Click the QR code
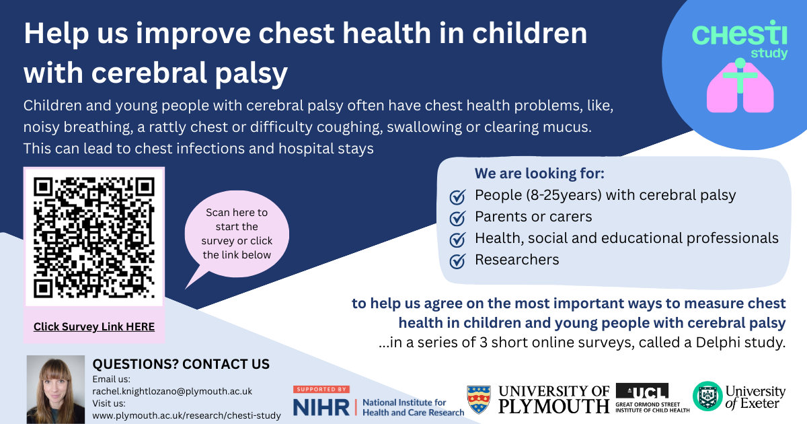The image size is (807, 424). (x=94, y=238)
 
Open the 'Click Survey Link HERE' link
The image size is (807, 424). (x=94, y=326)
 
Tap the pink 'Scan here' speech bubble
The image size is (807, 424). (x=237, y=234)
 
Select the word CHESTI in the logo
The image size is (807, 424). (x=739, y=34)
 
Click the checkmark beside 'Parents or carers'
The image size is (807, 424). (x=457, y=218)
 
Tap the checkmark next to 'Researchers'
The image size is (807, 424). (x=457, y=261)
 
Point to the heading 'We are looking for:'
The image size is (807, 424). (x=539, y=174)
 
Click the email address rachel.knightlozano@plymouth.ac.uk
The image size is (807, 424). (x=172, y=391)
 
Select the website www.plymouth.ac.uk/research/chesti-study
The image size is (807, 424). (x=187, y=415)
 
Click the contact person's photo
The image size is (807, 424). (x=55, y=390)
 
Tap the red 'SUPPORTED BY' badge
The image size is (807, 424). (x=321, y=390)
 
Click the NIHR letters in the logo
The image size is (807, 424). (x=321, y=407)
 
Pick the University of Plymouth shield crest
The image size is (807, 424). (x=479, y=400)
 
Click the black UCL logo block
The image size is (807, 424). (x=642, y=392)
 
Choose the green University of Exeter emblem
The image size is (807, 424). (x=707, y=396)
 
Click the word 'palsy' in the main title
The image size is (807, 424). (x=252, y=73)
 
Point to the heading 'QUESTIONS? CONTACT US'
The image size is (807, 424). (x=181, y=364)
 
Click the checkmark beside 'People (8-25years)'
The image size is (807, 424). (x=457, y=197)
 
